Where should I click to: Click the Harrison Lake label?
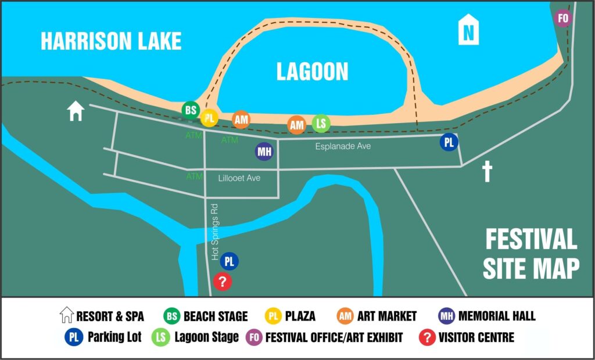pos(111,41)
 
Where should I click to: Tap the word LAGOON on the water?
pos(312,71)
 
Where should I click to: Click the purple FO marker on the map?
pos(562,18)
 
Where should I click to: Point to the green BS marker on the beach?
pos(190,110)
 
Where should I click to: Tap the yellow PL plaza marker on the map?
pos(209,118)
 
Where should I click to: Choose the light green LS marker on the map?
pos(321,123)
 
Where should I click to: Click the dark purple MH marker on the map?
pos(264,152)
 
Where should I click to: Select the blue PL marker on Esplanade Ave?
pos(449,142)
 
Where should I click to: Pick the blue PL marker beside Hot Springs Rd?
pos(230,262)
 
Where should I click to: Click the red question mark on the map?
pos(223,282)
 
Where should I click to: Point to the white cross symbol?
pos(487,172)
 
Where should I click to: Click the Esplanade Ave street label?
pos(343,147)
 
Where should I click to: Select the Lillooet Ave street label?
pos(239,178)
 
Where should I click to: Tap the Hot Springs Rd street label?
pos(214,231)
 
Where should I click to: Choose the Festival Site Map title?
pos(531,254)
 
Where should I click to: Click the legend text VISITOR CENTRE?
pos(476,337)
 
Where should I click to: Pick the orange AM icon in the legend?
pos(345,316)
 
